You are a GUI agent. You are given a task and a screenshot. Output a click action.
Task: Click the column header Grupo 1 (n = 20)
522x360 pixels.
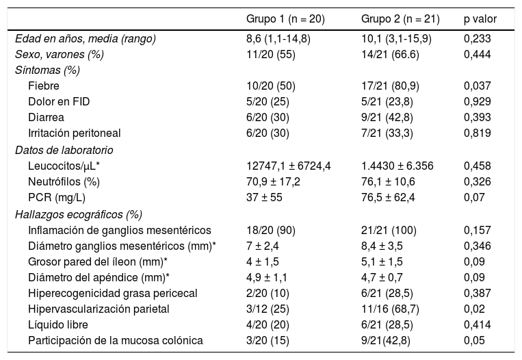(289, 18)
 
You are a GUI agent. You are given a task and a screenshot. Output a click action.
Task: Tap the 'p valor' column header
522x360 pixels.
(480, 18)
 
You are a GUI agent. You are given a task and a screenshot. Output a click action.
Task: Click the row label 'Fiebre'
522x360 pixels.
(44, 86)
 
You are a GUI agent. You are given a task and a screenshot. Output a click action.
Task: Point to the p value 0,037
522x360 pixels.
(478, 86)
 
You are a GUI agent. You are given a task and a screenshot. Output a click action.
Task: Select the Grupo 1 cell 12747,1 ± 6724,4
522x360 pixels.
(289, 165)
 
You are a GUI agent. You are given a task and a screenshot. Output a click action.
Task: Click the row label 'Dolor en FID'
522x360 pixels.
(59, 101)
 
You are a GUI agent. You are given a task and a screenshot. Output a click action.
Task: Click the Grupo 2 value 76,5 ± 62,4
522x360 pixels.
(388, 197)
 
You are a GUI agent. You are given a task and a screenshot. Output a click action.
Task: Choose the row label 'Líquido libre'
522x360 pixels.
(58, 324)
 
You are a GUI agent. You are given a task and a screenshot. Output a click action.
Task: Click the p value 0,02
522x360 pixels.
(474, 309)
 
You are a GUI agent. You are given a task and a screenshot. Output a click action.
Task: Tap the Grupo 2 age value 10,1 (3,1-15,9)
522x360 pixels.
(396, 38)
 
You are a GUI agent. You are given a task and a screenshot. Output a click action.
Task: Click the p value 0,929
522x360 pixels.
(478, 101)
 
